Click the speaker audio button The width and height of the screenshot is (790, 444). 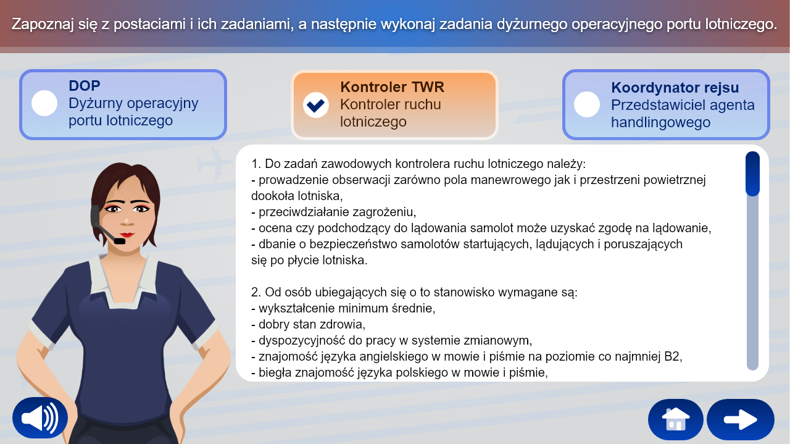40,418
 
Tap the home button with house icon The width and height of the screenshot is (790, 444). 675,419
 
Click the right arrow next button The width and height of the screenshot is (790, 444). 740,419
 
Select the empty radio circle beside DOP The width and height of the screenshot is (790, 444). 44,103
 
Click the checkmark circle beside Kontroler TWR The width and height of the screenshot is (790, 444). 316,104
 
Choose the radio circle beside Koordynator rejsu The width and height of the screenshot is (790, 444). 587,104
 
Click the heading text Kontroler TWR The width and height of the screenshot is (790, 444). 392,87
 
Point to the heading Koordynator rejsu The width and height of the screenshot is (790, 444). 675,88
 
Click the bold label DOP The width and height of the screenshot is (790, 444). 85,86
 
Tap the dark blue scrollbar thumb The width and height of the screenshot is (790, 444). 752,174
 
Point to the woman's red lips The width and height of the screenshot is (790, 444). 127,235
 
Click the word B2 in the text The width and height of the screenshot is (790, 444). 673,356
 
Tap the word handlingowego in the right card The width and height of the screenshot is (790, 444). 660,122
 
